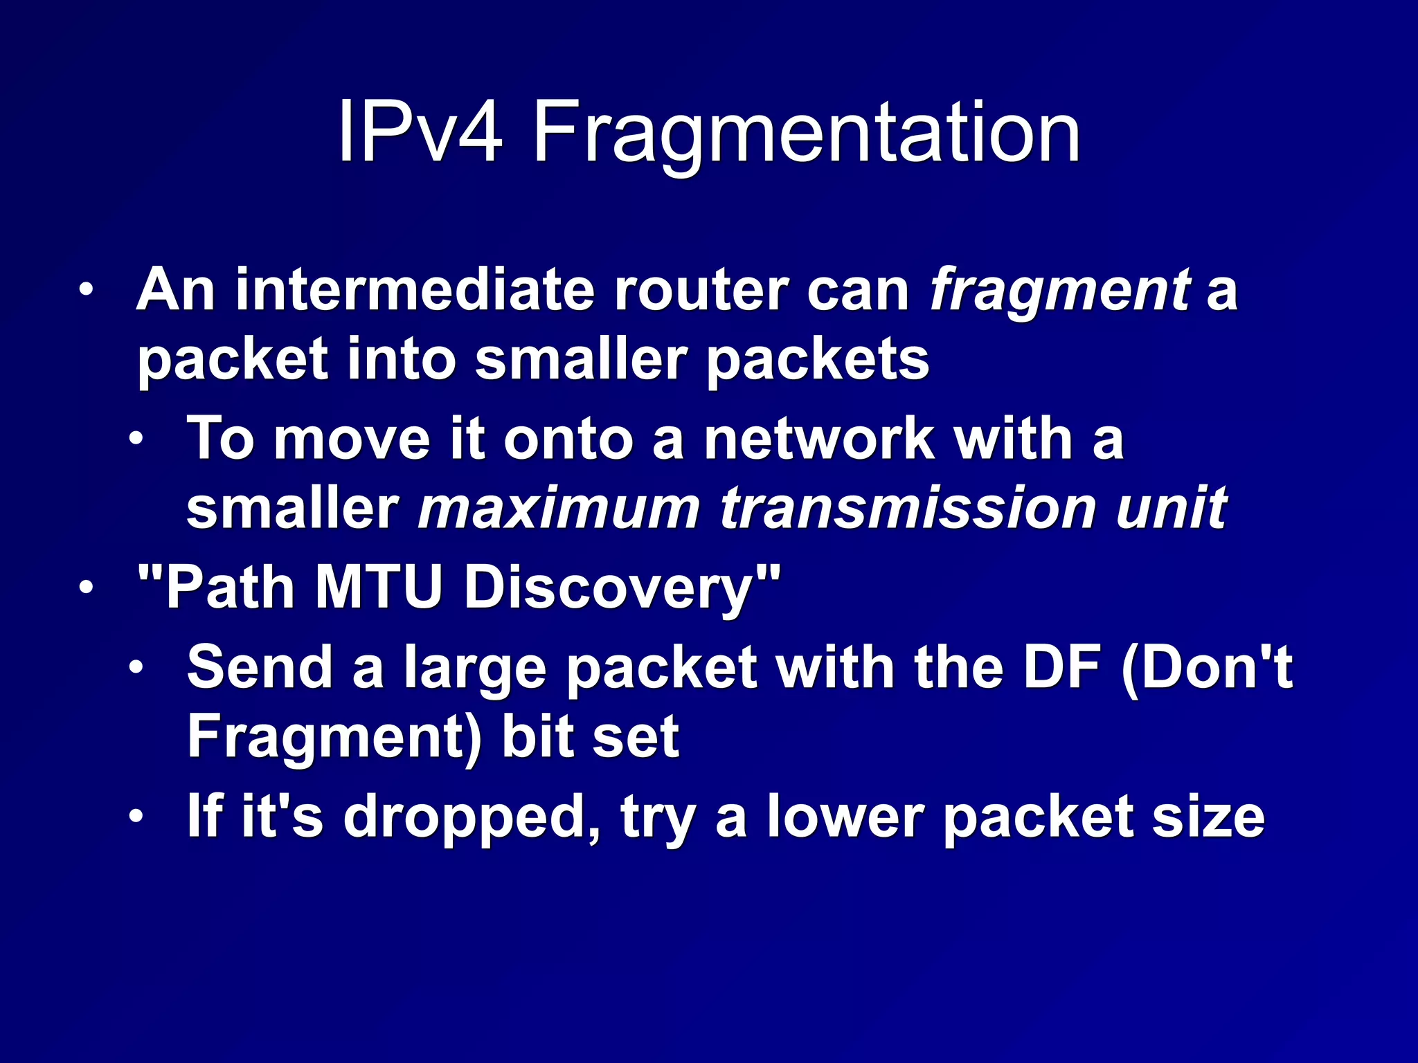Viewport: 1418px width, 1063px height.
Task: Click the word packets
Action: click(x=817, y=361)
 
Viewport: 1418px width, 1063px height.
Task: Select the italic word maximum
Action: click(x=559, y=509)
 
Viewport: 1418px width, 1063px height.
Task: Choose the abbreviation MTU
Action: click(x=378, y=588)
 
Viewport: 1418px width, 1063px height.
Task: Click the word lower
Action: click(x=845, y=817)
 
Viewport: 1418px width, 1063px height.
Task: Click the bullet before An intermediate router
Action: click(x=85, y=290)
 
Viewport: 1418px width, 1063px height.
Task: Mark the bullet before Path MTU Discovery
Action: click(x=85, y=588)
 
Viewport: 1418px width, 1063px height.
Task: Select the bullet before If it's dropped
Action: click(x=136, y=817)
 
